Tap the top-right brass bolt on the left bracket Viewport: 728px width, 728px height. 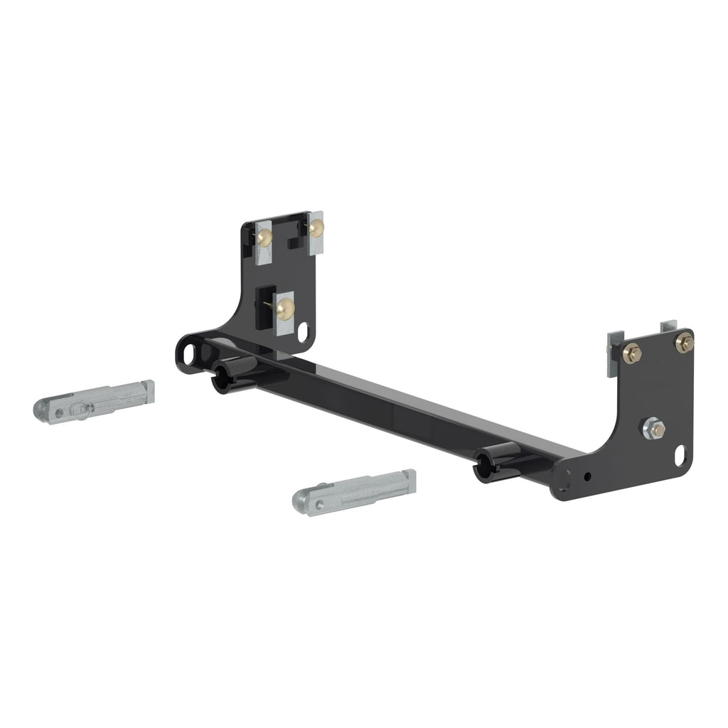click(316, 227)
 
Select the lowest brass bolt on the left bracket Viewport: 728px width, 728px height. click(286, 308)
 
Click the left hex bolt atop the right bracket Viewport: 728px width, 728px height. click(631, 353)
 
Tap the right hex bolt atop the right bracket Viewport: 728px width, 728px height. click(684, 343)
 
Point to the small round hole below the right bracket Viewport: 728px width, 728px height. click(587, 476)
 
